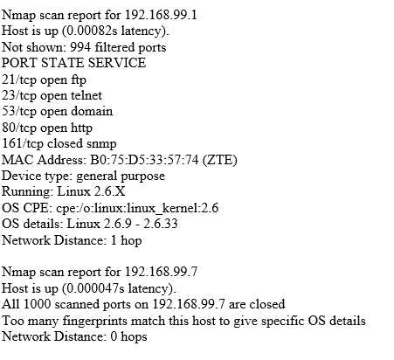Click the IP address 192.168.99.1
tap(161, 15)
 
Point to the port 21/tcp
tap(19, 80)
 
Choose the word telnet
tap(86, 95)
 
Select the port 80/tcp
tap(19, 128)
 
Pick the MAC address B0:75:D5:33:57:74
tap(144, 160)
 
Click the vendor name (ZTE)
tap(219, 160)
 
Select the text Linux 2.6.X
tap(91, 191)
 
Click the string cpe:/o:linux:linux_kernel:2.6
tap(137, 208)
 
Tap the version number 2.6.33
tap(161, 224)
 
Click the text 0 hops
tap(128, 336)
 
